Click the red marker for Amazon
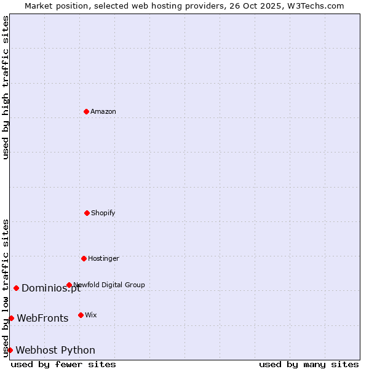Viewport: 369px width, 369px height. [x=86, y=111]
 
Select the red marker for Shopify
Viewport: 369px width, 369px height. [x=87, y=213]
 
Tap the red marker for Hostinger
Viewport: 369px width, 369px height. [x=84, y=258]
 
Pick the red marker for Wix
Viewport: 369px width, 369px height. [x=81, y=315]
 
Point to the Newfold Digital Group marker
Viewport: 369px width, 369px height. [x=69, y=285]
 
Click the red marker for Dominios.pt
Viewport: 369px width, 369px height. [x=16, y=288]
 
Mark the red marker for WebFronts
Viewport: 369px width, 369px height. [x=11, y=318]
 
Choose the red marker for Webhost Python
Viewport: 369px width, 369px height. [x=10, y=350]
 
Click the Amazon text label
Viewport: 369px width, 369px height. [x=103, y=111]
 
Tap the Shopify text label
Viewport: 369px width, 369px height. [x=103, y=213]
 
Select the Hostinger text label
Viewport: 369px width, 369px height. [x=103, y=258]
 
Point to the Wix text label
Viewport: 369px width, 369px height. [x=91, y=315]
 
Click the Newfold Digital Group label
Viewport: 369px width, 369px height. [x=109, y=285]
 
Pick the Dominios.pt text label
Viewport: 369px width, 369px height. [x=50, y=288]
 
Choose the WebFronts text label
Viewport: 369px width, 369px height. [x=42, y=319]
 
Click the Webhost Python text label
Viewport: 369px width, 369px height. [x=55, y=351]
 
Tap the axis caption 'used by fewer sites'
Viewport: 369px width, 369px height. [x=63, y=364]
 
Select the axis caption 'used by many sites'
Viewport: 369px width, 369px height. [x=309, y=364]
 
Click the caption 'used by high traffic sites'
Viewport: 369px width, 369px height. [x=6, y=87]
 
